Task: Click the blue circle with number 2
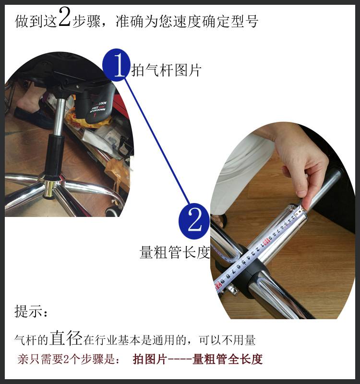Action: (194, 221)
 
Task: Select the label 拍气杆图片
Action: (166, 71)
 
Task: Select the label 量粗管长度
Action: (175, 253)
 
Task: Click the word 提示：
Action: (31, 312)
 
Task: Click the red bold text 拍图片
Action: (149, 360)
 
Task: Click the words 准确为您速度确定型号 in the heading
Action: (187, 22)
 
